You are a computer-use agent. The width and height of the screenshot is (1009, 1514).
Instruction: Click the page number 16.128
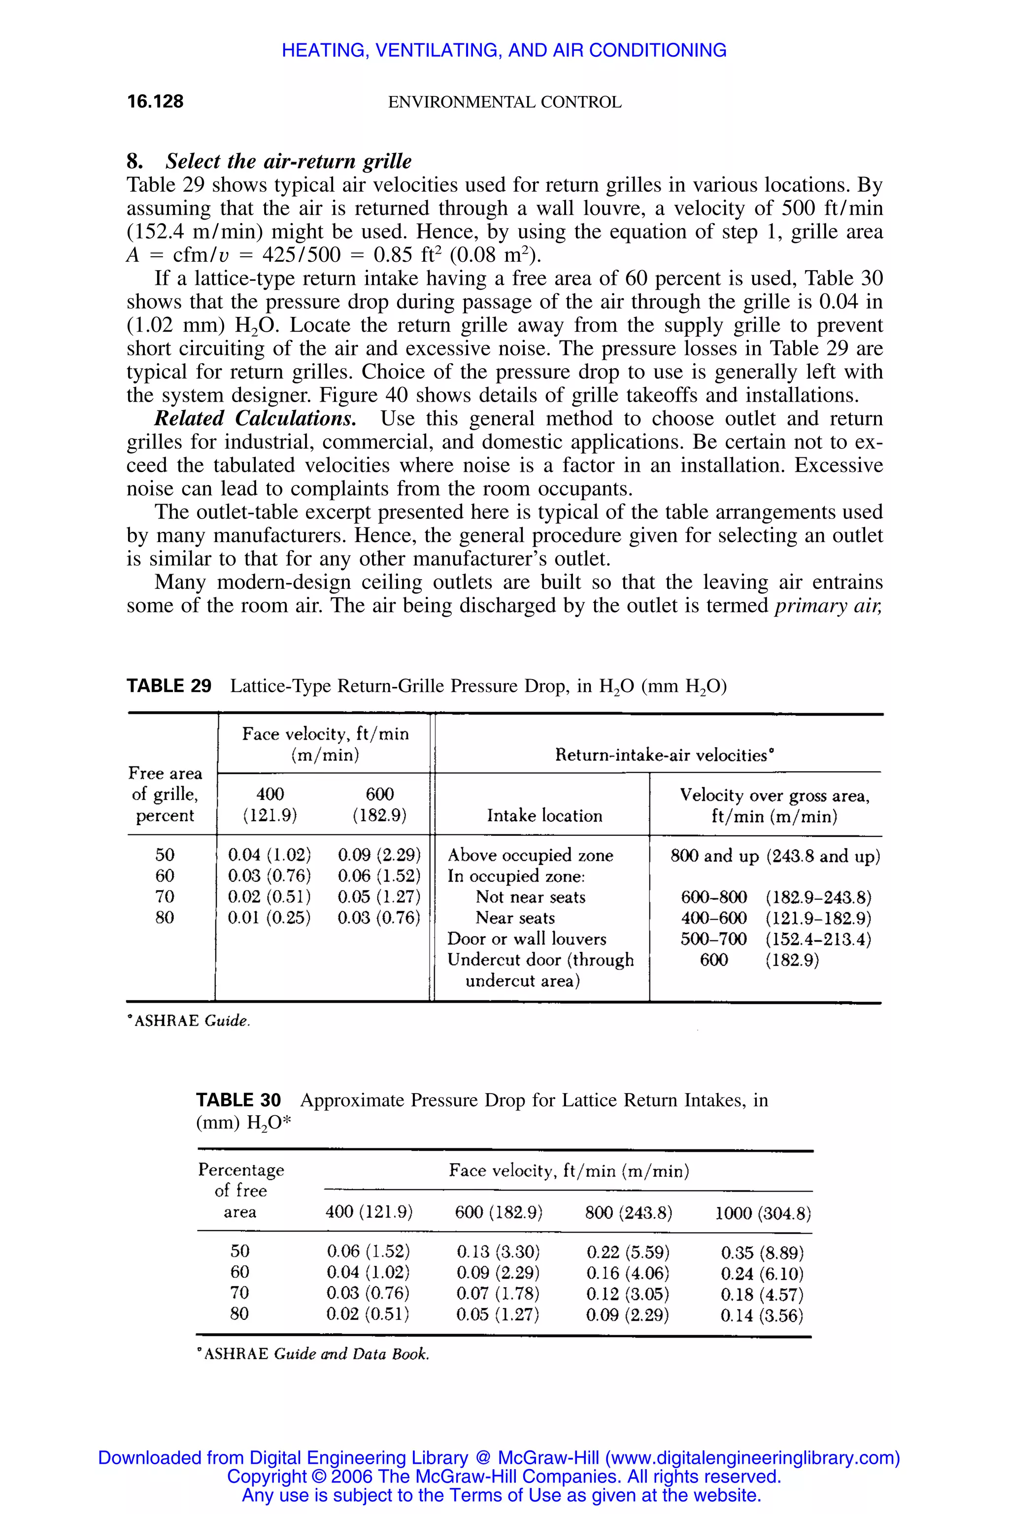tap(155, 101)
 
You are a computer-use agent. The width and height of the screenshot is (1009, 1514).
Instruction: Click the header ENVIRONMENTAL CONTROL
tap(504, 103)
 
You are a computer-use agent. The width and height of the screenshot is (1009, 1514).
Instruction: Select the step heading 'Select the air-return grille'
tap(288, 161)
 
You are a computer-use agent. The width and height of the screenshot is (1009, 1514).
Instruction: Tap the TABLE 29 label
tap(168, 686)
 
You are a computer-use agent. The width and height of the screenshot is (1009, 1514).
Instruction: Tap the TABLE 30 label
tap(238, 1100)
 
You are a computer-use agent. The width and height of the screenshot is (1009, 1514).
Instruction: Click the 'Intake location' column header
tap(544, 816)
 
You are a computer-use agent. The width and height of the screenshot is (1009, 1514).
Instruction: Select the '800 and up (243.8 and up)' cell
tap(775, 856)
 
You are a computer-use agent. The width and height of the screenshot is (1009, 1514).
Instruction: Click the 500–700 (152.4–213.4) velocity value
tap(775, 939)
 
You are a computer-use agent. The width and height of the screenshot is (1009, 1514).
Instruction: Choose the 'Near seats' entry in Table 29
tap(515, 918)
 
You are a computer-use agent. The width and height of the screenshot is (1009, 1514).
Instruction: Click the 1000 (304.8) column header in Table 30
tap(763, 1213)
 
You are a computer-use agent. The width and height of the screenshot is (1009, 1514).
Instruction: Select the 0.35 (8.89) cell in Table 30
tap(762, 1253)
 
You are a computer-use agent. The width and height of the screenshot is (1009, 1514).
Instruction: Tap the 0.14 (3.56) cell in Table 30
tap(762, 1316)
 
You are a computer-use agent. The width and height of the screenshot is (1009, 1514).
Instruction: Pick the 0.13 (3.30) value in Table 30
tap(498, 1252)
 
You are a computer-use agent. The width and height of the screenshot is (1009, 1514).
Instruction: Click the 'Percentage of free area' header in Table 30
tap(240, 1190)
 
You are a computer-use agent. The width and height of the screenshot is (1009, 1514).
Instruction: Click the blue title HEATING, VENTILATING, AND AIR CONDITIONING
tap(504, 50)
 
